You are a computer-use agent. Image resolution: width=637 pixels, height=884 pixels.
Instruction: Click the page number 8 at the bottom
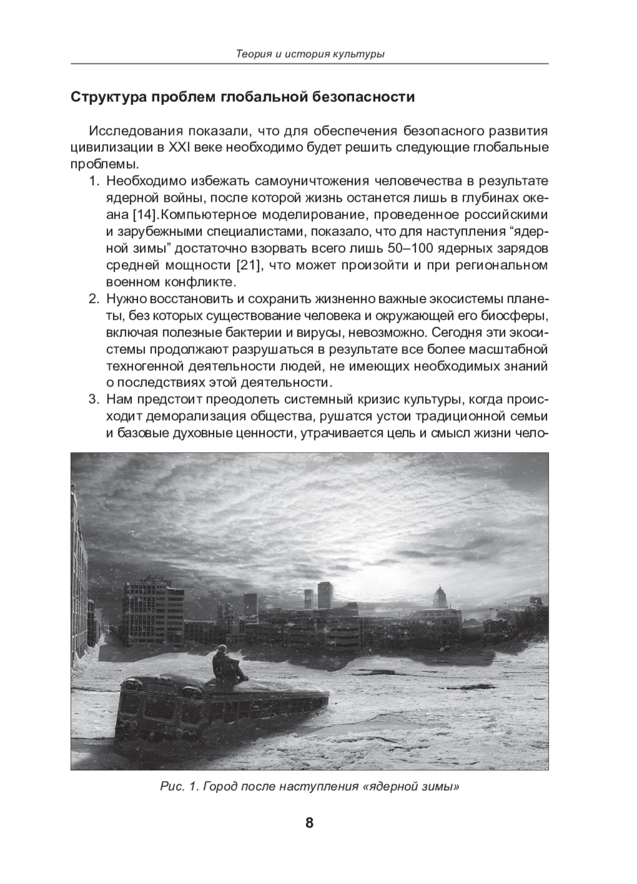(x=309, y=823)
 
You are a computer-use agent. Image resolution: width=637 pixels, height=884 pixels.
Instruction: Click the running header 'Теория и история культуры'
(x=309, y=54)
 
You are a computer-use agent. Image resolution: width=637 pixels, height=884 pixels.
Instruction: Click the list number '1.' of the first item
(x=94, y=181)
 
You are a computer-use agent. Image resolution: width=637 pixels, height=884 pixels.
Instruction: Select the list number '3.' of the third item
(x=94, y=399)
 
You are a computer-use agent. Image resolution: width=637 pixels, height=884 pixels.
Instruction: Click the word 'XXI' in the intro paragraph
(x=179, y=147)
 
